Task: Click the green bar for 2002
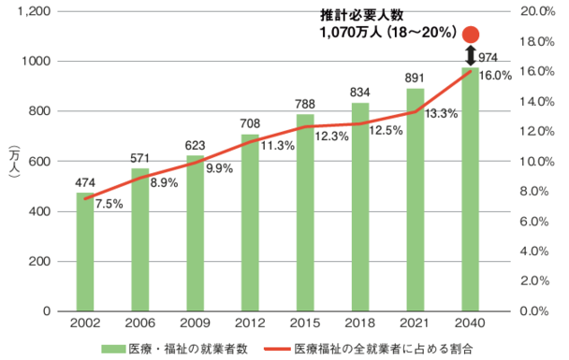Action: (x=85, y=252)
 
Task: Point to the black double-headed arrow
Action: (x=472, y=54)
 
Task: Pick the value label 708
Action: (x=250, y=123)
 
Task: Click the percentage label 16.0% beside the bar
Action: (x=495, y=76)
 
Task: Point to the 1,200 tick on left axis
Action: (x=35, y=12)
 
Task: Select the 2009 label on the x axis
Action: (x=195, y=323)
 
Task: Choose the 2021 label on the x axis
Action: (x=416, y=323)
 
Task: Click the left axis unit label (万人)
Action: (x=13, y=162)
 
